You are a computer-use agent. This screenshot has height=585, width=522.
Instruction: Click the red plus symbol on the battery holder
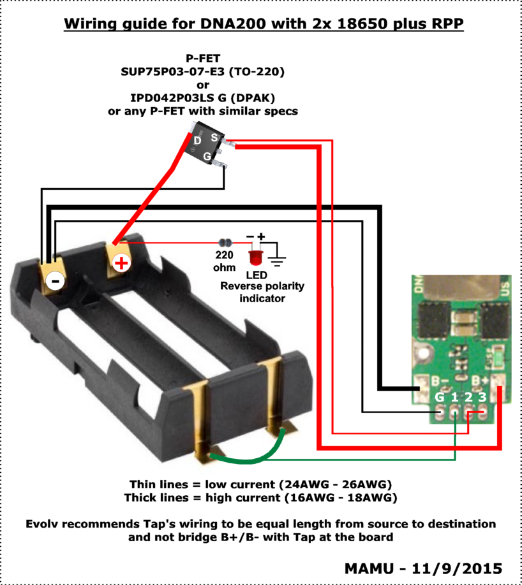coord(120,263)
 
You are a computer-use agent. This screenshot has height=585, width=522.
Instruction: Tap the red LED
coord(257,258)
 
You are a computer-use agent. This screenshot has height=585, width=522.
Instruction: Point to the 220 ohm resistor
coord(225,243)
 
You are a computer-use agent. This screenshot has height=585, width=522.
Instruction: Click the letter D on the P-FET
coord(198,140)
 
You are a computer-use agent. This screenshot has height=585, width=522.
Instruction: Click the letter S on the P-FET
coord(215,137)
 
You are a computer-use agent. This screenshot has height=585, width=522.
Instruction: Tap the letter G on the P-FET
coord(207,156)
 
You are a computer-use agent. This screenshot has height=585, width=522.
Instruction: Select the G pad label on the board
coord(439,397)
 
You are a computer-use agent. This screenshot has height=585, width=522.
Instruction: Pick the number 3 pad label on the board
coord(483,397)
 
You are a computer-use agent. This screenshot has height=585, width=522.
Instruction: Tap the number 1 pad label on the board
coord(454,397)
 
